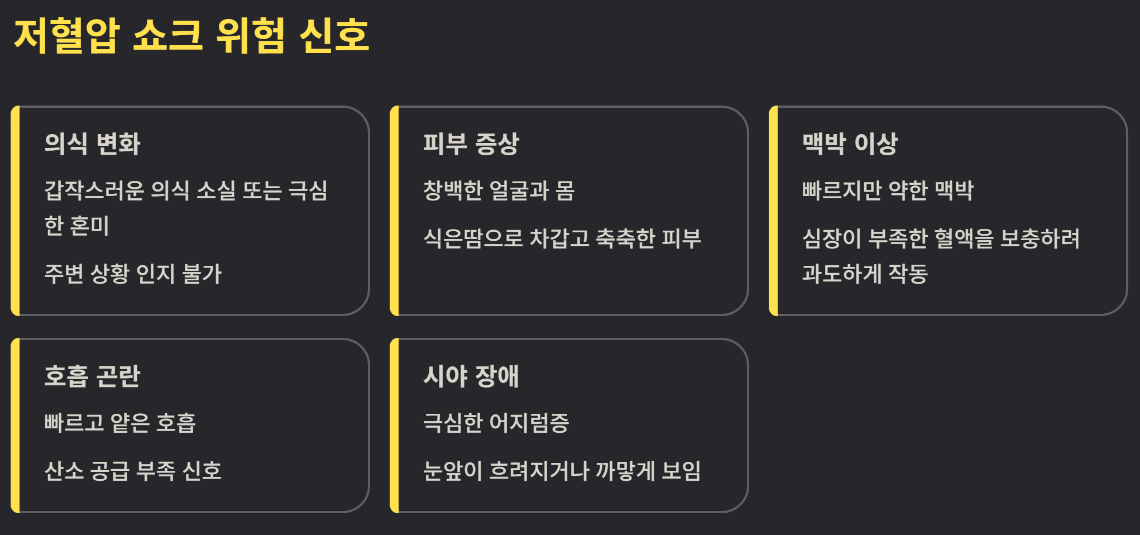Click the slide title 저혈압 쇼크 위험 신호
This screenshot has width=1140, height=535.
191,36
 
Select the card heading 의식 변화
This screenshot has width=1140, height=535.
92,144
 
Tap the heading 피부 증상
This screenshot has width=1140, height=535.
471,144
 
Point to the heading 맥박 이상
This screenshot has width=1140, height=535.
850,144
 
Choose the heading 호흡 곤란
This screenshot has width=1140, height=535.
92,376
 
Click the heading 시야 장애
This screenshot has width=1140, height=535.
471,376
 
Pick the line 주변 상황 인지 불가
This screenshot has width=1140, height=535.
133,274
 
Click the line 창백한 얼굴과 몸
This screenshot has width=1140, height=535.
499,190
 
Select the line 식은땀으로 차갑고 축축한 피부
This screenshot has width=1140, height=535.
562,238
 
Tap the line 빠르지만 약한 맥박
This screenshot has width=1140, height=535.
888,190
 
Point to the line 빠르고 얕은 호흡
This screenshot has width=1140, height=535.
120,423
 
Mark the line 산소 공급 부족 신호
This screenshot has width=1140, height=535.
133,471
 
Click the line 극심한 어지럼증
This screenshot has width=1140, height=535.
496,423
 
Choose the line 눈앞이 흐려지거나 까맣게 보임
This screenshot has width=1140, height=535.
562,471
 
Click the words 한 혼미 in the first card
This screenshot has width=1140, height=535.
76,226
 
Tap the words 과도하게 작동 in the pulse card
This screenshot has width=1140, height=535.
865,274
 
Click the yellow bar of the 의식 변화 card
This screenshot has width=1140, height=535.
15,211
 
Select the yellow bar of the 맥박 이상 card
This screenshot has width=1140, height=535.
773,211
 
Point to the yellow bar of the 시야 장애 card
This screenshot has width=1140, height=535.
394,425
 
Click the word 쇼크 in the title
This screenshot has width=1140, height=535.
167,36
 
